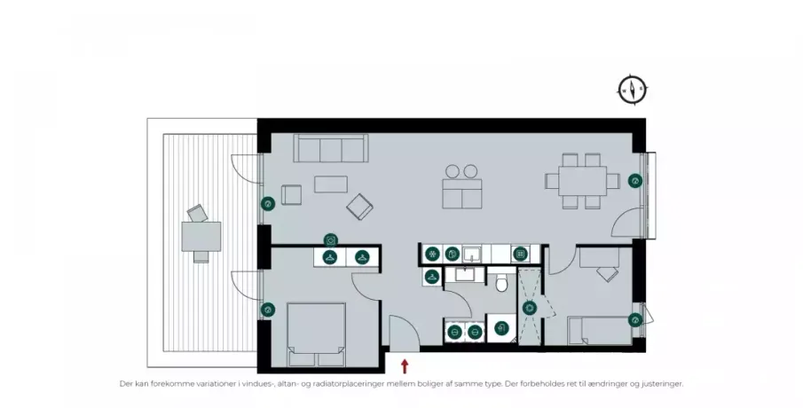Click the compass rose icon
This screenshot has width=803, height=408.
(633, 90)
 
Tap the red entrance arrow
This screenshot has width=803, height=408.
(405, 365)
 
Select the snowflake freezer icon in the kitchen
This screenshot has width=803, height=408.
(433, 254)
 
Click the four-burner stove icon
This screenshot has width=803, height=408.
(520, 254)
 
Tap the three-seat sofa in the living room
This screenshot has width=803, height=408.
(331, 148)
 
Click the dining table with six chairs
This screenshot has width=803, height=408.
(582, 181)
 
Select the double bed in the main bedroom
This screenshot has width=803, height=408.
(316, 334)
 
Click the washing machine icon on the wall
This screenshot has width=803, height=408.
(331, 240)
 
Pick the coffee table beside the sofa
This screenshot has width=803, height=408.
(331, 184)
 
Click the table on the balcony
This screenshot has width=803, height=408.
(201, 237)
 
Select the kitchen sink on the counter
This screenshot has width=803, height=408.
(471, 254)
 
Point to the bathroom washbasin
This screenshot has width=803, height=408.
(466, 274)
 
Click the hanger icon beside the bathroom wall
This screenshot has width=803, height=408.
(432, 277)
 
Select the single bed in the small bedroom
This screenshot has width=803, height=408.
(600, 331)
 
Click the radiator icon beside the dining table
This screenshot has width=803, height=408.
(635, 181)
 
